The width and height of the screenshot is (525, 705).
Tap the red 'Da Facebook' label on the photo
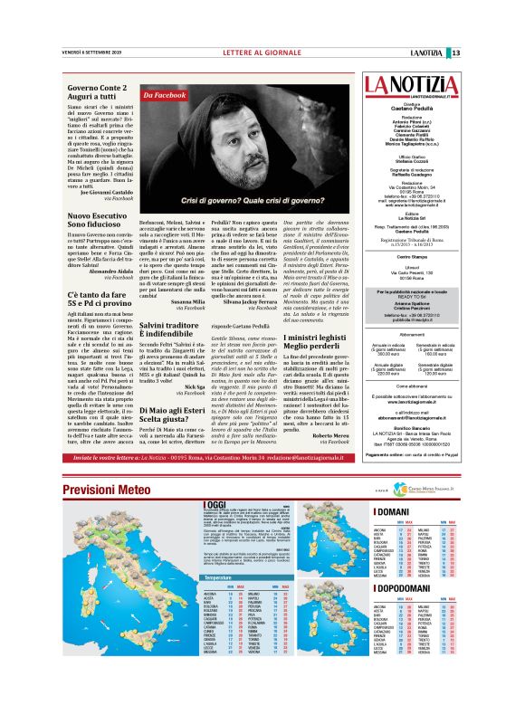tap(166, 94)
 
